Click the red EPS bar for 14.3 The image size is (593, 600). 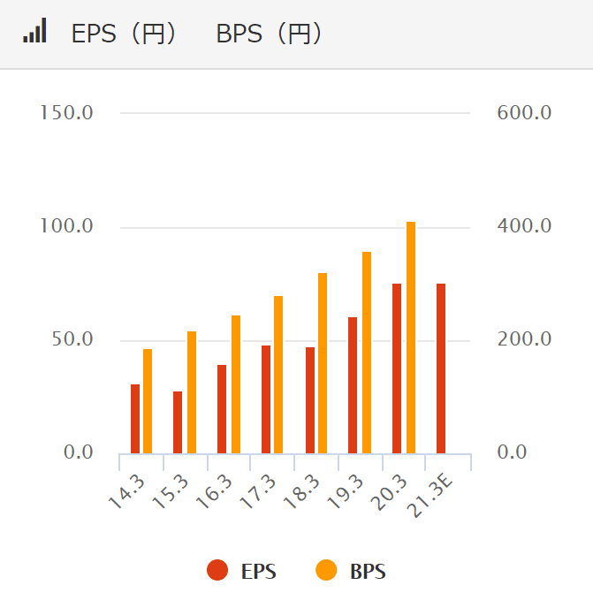135,419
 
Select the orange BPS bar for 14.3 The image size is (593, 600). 148,401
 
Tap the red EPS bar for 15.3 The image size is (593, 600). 178,422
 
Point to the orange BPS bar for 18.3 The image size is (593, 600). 323,363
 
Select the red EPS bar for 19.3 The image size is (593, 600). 353,385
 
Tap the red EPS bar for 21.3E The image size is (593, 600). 441,368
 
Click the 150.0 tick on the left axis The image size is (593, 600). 67,113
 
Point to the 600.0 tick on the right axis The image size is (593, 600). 524,113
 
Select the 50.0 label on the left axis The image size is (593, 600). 71,340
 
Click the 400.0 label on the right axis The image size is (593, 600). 524,227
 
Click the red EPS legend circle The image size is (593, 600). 217,571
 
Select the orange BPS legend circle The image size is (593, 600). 326,571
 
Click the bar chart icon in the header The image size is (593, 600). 34,33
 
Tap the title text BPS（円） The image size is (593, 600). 270,34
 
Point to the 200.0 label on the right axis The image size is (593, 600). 524,340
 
